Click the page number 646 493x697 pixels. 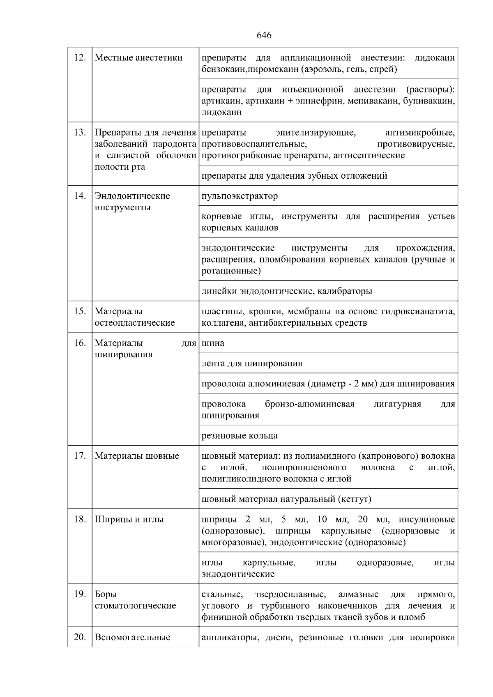(x=264, y=35)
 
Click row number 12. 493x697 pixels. (x=80, y=58)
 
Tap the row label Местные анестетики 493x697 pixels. (x=138, y=58)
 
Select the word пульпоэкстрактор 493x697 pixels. (x=240, y=196)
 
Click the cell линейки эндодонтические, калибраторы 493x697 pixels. (x=287, y=291)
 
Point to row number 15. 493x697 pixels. (x=80, y=311)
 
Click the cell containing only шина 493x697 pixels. (x=213, y=343)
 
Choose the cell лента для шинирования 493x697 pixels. (x=252, y=363)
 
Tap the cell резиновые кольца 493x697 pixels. (x=240, y=436)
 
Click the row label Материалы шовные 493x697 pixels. (x=137, y=456)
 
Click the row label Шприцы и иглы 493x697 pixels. (x=129, y=520)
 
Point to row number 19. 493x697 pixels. (x=80, y=594)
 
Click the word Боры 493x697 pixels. (x=106, y=594)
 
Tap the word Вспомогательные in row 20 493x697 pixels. (x=132, y=637)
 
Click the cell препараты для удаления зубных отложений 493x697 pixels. (x=294, y=176)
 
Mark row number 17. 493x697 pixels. (x=80, y=456)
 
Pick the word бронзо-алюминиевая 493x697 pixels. (x=309, y=404)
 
